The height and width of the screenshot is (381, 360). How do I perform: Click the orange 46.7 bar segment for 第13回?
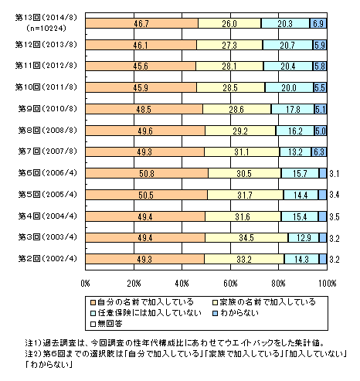[x=142, y=23]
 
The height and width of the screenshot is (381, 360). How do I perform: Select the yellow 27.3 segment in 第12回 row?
[x=229, y=45]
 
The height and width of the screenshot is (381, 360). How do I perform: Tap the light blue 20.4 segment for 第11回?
[x=288, y=66]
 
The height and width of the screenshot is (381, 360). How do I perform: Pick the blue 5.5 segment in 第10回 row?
[x=320, y=87]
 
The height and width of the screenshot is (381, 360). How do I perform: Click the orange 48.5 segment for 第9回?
[x=144, y=109]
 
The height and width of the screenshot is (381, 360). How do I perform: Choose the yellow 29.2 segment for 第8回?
[x=240, y=131]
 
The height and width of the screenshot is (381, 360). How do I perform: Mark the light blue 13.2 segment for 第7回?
[x=295, y=151]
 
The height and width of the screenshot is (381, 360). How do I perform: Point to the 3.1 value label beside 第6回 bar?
[x=335, y=174]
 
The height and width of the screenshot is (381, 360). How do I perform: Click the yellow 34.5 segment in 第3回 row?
[x=246, y=237]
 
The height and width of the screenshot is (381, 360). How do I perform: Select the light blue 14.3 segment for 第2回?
[x=301, y=259]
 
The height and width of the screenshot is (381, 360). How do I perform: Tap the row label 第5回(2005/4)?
[x=48, y=194]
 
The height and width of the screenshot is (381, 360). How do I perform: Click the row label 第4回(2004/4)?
[x=48, y=216]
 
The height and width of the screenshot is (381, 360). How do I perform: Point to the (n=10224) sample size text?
[x=46, y=28]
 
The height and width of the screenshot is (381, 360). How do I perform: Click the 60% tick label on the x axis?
[x=230, y=284]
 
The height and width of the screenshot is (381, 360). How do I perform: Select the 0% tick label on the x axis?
[x=85, y=284]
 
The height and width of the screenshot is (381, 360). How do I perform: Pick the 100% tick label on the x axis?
[x=328, y=284]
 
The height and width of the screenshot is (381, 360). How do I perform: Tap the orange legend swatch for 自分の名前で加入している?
[x=93, y=302]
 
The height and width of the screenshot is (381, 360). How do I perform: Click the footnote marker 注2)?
[x=33, y=354]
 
